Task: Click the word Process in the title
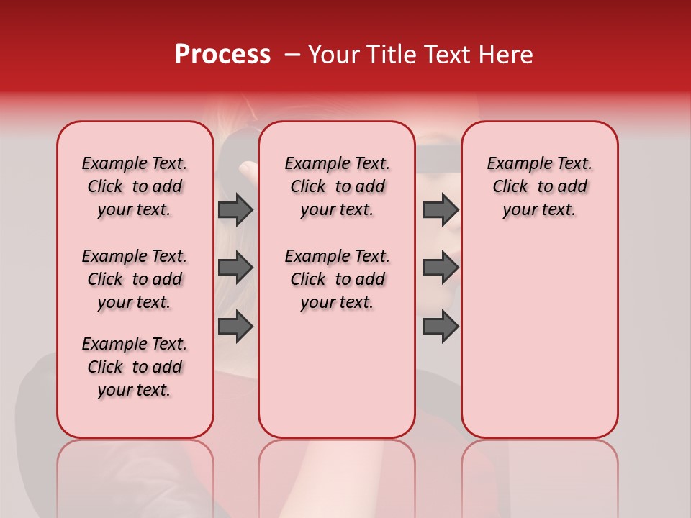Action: coord(222,55)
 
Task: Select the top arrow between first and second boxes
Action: coord(235,209)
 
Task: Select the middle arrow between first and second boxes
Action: coord(235,268)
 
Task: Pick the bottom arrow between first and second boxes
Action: coord(235,326)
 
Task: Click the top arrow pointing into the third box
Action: coord(441,209)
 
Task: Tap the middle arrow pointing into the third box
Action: coord(441,268)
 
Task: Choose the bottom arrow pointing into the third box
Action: coord(441,326)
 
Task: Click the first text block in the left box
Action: coord(135,186)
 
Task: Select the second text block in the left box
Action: coord(135,279)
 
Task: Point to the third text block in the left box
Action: coord(135,367)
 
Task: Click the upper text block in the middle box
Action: coord(337,186)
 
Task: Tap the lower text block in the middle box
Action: coord(337,279)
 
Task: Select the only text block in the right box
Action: coord(539,186)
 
